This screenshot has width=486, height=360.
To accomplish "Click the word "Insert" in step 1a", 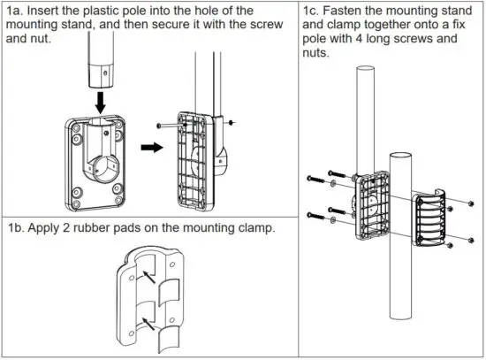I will point(47,11).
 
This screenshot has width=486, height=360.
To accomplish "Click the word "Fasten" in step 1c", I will point(352,11).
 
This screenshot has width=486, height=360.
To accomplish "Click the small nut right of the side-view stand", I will point(230,122).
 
